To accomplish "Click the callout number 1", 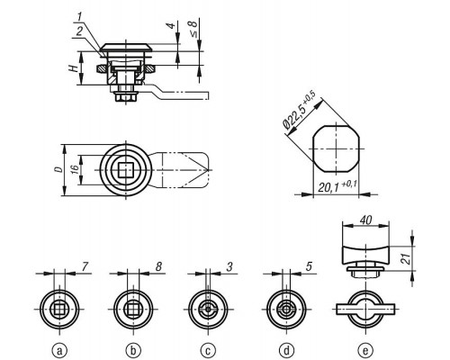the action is tap(79, 17).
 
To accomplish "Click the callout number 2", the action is tap(79, 31).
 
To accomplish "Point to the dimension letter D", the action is tap(59, 169).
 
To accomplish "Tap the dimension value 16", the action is tap(75, 169).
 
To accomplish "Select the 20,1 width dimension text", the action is tap(337, 186).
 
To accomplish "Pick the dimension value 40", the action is tap(365, 220).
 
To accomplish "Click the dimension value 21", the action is tap(406, 258).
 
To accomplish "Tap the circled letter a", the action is tap(59, 350).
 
